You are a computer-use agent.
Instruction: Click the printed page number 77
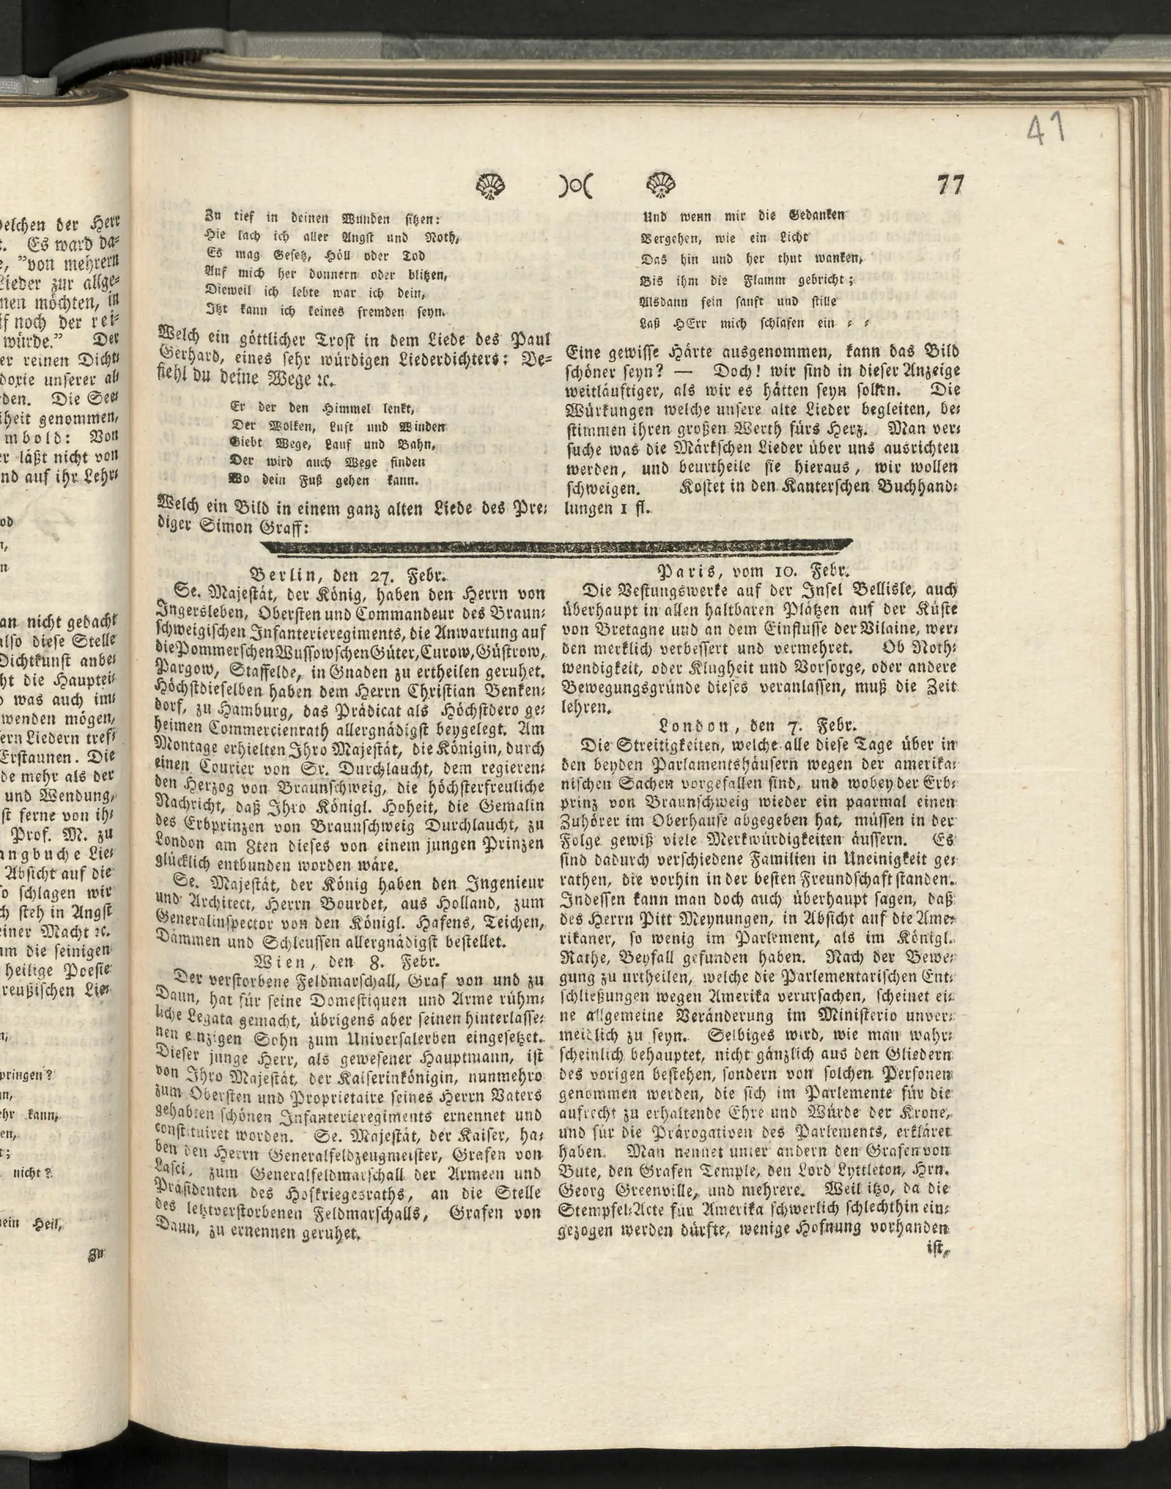coord(950,185)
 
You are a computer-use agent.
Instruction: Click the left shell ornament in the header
coord(489,185)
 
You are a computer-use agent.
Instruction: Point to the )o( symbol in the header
coord(575,186)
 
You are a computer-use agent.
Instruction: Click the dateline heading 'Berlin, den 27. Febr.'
coord(349,574)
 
